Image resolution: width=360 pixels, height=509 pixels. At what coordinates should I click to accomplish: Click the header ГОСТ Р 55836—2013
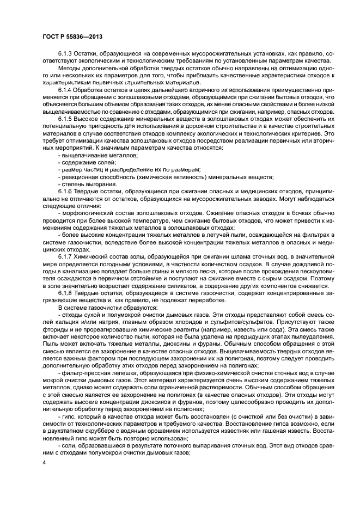[x=72, y=36]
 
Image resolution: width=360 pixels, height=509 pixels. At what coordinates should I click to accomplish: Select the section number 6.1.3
[x=66, y=54]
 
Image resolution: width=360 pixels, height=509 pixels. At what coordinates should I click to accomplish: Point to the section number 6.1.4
[x=66, y=89]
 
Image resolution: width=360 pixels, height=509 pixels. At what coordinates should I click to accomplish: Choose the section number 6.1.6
[x=66, y=193]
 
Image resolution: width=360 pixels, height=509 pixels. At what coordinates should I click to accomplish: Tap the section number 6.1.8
[x=66, y=292]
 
